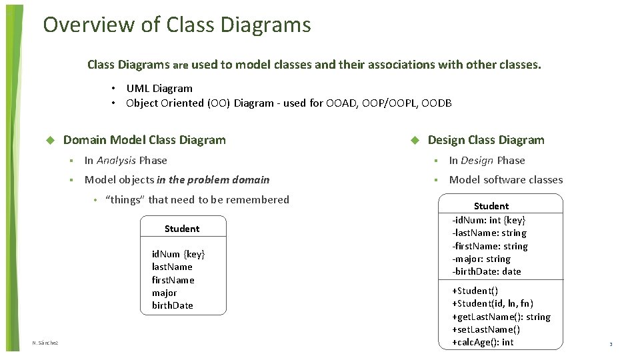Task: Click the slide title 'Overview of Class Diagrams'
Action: pyautogui.click(x=177, y=25)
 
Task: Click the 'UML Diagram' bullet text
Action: pyautogui.click(x=159, y=88)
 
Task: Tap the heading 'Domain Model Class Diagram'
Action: pyautogui.click(x=144, y=140)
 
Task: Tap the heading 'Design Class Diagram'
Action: pyautogui.click(x=486, y=140)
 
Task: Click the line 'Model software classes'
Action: pyautogui.click(x=506, y=179)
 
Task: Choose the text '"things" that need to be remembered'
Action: pyautogui.click(x=197, y=199)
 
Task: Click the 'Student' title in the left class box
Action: pyautogui.click(x=182, y=229)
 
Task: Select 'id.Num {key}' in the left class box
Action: pyautogui.click(x=178, y=254)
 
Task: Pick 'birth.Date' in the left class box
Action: pyautogui.click(x=172, y=305)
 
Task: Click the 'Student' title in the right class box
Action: pyautogui.click(x=491, y=206)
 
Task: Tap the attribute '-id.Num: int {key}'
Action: pyautogui.click(x=489, y=220)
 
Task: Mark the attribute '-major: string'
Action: pyautogui.click(x=481, y=259)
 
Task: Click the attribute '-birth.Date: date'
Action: pyautogui.click(x=487, y=271)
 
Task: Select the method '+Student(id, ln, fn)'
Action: pyautogui.click(x=493, y=303)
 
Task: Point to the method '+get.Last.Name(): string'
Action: pyautogui.click(x=501, y=317)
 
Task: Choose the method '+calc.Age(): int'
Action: pyautogui.click(x=483, y=342)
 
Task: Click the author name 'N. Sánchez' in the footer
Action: pyautogui.click(x=45, y=343)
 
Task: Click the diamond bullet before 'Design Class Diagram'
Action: pyautogui.click(x=413, y=141)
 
